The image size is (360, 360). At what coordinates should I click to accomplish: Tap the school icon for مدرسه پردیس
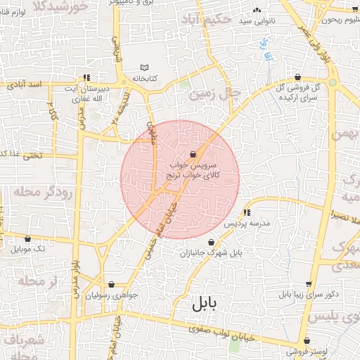(246, 212)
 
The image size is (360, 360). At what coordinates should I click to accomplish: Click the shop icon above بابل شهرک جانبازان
(211, 243)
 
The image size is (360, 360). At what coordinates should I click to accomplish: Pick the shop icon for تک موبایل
(27, 239)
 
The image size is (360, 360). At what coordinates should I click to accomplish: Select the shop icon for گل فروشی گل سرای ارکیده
(298, 77)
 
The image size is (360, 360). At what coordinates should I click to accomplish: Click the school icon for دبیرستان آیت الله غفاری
(86, 77)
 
